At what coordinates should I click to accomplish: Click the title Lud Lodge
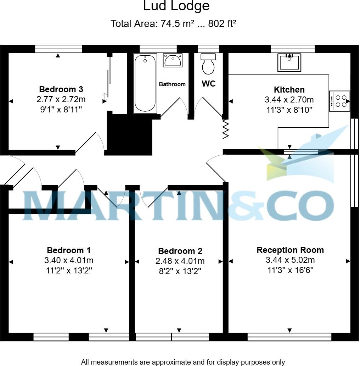[x=176, y=6]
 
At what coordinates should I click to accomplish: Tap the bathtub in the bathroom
[x=145, y=84]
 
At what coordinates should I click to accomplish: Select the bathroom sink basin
[x=173, y=60]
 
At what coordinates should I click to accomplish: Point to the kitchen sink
[x=289, y=62]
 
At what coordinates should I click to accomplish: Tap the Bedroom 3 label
[x=61, y=89]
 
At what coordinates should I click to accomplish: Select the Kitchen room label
[x=289, y=90]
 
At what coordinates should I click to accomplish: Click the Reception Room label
[x=290, y=250]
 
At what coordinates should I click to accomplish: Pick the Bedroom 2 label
[x=180, y=251]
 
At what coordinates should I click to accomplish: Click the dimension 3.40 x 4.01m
[x=69, y=260]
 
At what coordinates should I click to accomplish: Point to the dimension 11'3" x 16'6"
[x=290, y=270]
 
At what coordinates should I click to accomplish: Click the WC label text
[x=209, y=84]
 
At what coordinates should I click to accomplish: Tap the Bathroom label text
[x=172, y=84]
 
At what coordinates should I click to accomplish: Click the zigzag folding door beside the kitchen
[x=226, y=128]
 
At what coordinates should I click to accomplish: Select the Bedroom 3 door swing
[x=93, y=142]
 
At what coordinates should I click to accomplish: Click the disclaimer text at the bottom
[x=182, y=362]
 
